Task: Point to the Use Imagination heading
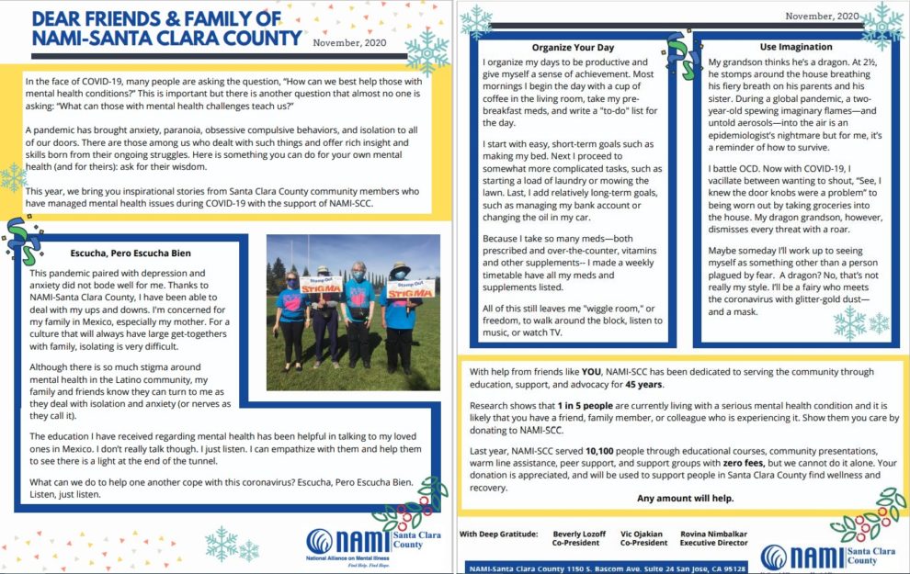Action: click(782, 46)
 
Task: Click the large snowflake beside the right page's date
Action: click(880, 26)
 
